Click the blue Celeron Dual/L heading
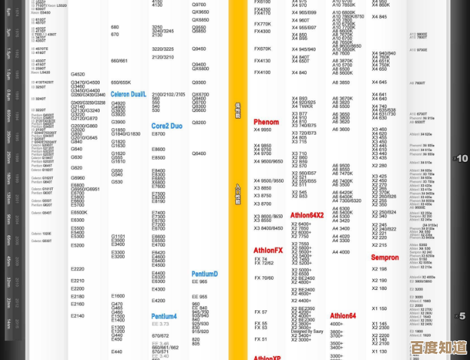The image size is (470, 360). pyautogui.click(x=128, y=94)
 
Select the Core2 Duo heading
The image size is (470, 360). pyautogui.click(x=167, y=126)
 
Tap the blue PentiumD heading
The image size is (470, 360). pyautogui.click(x=204, y=274)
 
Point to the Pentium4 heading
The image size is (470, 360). pyautogui.click(x=164, y=316)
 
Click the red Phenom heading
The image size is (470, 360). pyautogui.click(x=266, y=122)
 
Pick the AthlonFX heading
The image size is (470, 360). pyautogui.click(x=268, y=251)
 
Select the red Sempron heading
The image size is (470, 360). pyautogui.click(x=384, y=258)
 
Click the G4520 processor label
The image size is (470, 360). pyautogui.click(x=78, y=74)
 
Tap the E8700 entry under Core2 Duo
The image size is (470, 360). pyautogui.click(x=158, y=135)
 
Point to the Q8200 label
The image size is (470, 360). pyautogui.click(x=199, y=123)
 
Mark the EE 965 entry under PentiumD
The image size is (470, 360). pyautogui.click(x=200, y=282)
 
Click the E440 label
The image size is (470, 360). pyautogui.click(x=117, y=351)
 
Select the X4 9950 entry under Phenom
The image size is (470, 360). pyautogui.click(x=262, y=129)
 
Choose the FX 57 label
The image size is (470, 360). pyautogui.click(x=260, y=312)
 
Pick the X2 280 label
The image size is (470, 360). pyautogui.click(x=379, y=165)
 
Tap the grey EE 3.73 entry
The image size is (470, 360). pyautogui.click(x=160, y=324)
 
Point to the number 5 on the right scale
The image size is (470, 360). pyautogui.click(x=462, y=316)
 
